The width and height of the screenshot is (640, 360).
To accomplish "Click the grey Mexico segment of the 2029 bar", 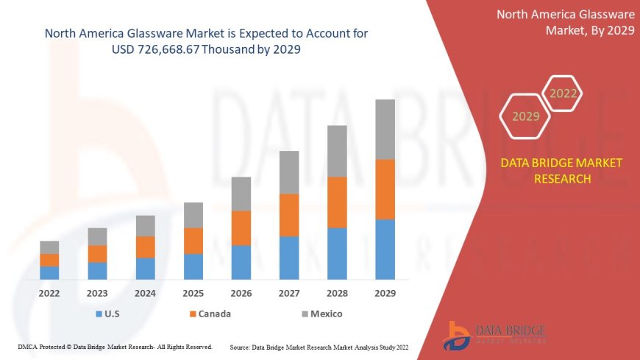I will (385, 130).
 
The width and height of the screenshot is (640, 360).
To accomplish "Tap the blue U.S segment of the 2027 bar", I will (289, 258).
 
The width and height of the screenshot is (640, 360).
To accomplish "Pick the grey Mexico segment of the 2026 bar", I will (241, 194).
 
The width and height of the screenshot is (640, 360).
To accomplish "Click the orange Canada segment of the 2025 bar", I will (193, 241).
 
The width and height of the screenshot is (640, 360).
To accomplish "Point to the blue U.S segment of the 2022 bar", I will (49, 272).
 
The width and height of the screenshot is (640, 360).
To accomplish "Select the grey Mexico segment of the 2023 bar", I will (98, 236).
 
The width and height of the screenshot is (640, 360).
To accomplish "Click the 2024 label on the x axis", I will (146, 293).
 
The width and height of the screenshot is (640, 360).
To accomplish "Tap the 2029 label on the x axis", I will (385, 293).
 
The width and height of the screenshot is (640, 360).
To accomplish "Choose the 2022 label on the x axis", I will (49, 293).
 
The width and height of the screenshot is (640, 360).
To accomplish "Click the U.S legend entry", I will (110, 314).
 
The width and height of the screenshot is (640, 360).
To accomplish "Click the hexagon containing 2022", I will (563, 93).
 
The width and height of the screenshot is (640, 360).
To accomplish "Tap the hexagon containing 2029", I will (525, 116).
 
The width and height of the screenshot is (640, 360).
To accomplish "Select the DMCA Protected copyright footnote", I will (114, 347).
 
